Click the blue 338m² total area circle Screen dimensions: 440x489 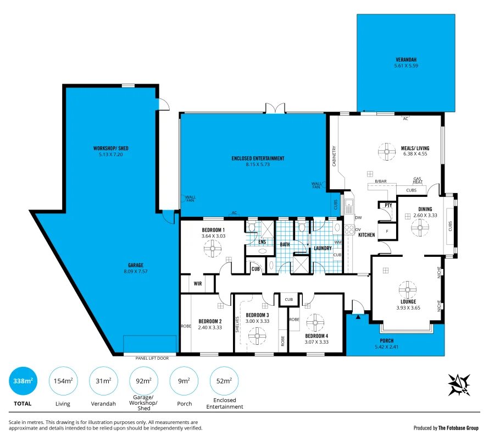[x=23, y=381]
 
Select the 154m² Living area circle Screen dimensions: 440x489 [x=63, y=381]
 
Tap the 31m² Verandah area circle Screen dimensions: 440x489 [x=103, y=381]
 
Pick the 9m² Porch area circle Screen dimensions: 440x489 [x=184, y=381]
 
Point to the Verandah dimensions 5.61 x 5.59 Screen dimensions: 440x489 [x=406, y=66]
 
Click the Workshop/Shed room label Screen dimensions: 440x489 [x=110, y=148]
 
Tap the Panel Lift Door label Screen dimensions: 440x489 [x=152, y=358]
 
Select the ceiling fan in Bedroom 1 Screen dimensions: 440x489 [x=212, y=249]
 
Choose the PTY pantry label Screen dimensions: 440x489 [x=388, y=206]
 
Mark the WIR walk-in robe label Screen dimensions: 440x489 [x=197, y=284]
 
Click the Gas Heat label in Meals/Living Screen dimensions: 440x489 [x=418, y=180]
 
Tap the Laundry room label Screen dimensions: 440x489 [x=323, y=248]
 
